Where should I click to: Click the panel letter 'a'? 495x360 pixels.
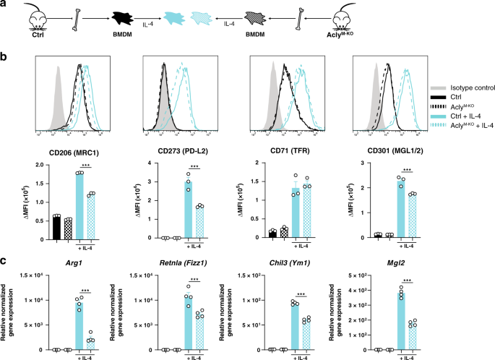click(4, 5)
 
